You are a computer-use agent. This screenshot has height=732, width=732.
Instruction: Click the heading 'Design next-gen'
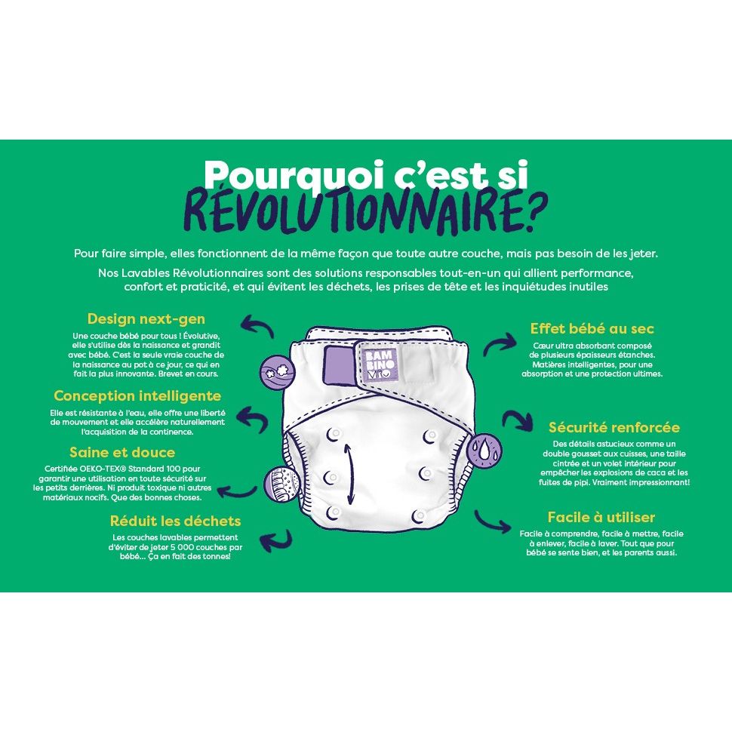click(x=146, y=318)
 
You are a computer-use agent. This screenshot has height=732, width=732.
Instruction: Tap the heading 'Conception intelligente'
click(x=137, y=395)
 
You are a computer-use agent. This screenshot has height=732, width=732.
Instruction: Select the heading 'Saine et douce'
click(x=122, y=453)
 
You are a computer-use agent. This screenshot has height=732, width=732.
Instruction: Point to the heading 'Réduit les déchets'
click(x=175, y=521)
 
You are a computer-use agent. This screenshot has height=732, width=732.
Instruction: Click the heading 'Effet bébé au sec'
click(x=592, y=329)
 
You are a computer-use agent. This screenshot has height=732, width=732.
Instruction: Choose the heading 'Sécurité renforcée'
click(x=614, y=427)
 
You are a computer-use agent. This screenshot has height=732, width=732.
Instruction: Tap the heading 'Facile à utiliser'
click(x=601, y=517)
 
